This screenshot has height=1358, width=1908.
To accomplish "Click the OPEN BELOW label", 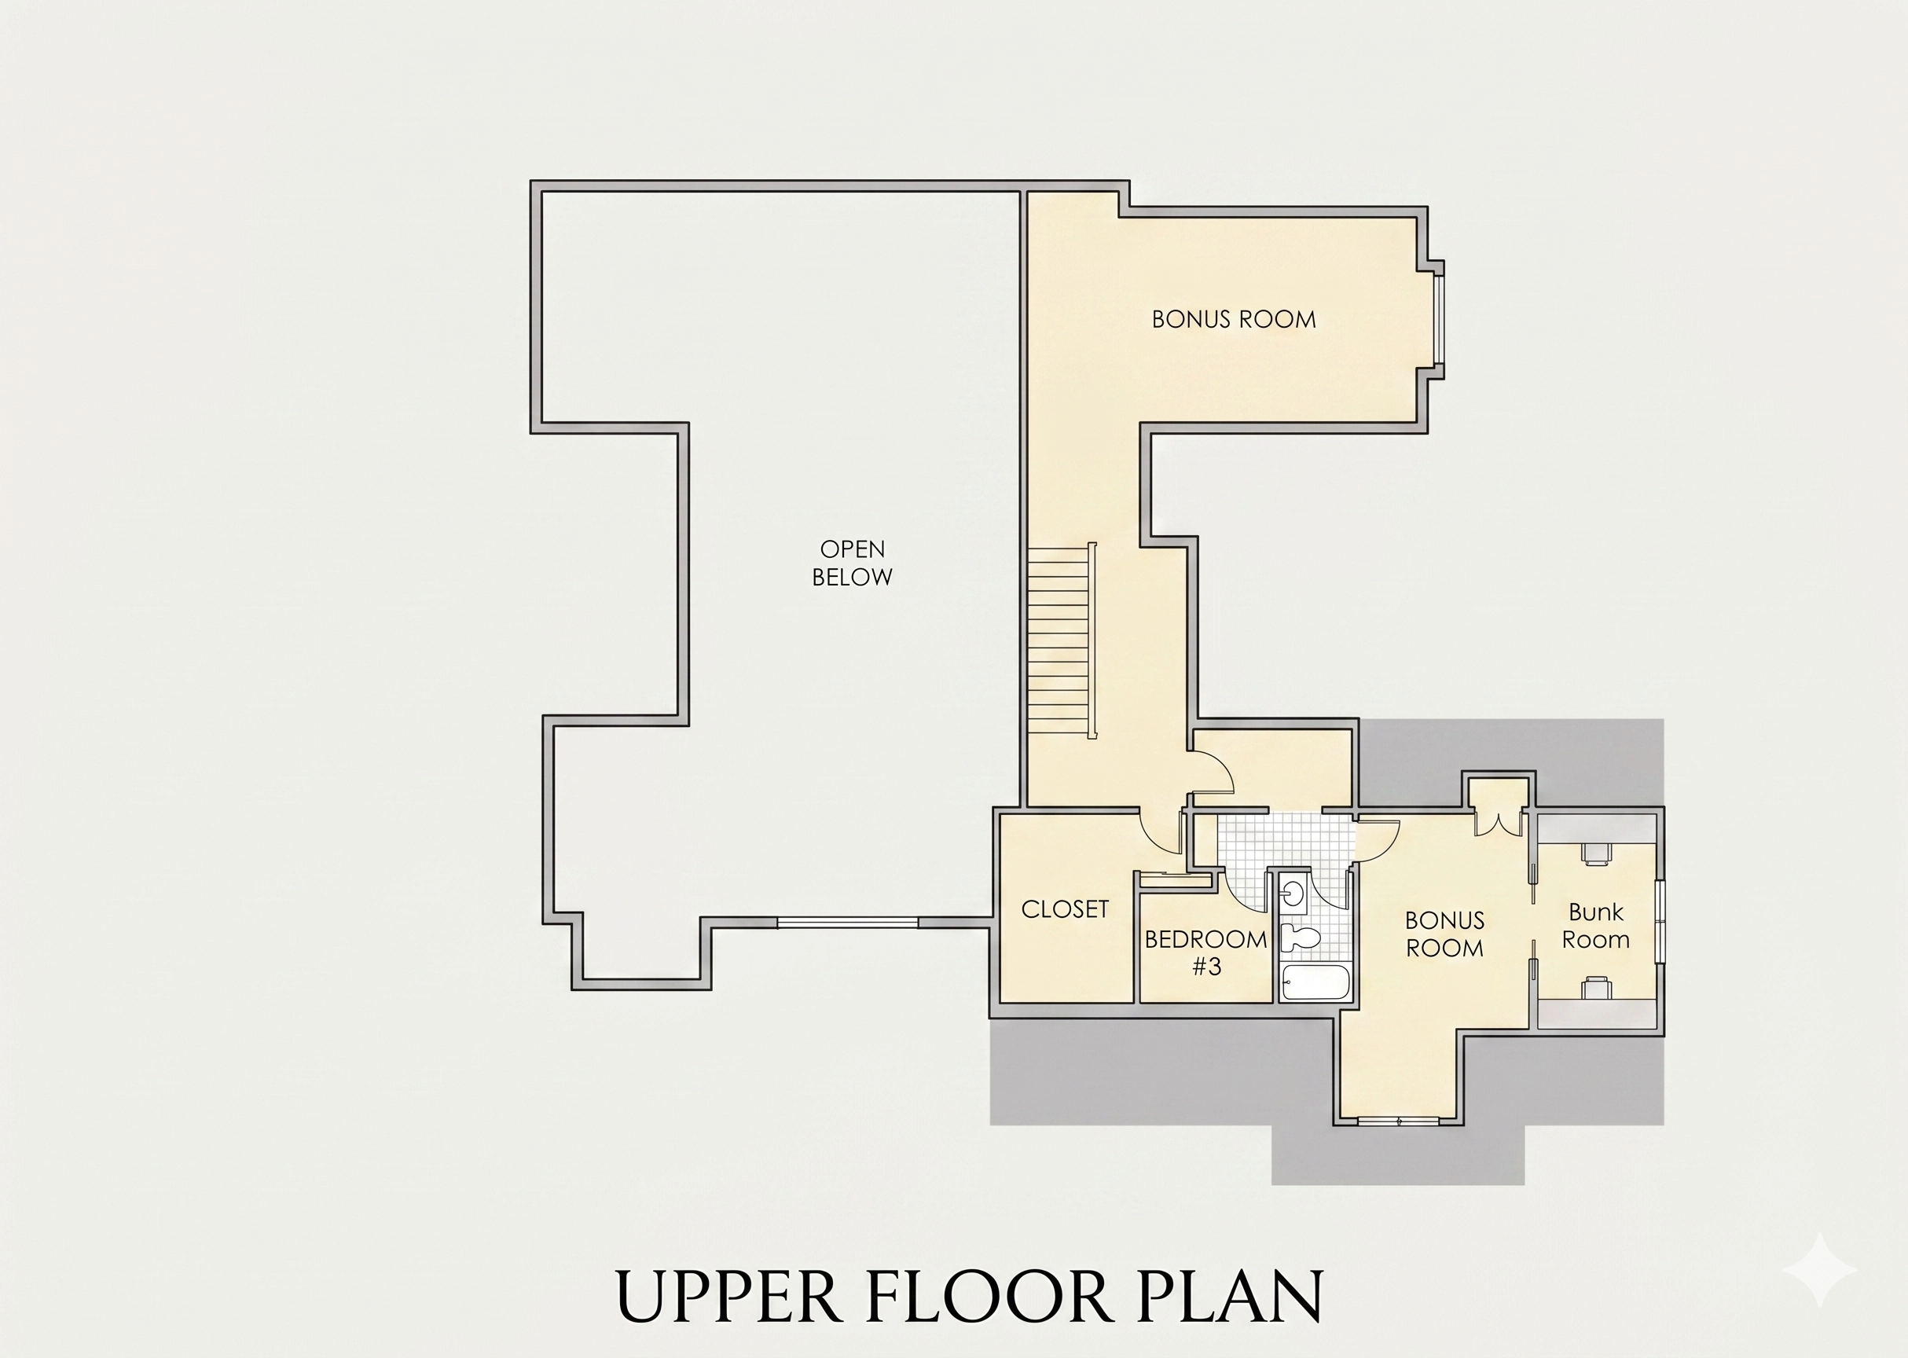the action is [x=852, y=563].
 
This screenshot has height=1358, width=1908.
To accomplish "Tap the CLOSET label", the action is [x=1066, y=909].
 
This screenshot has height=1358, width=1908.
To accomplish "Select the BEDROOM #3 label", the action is [x=1205, y=953].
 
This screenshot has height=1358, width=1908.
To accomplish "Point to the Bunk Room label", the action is [x=1596, y=926].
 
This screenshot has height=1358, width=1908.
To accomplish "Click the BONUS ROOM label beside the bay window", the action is [x=1234, y=319].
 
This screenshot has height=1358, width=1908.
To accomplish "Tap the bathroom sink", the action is [x=1293, y=892].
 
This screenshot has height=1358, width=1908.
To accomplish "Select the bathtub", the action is [x=1315, y=983].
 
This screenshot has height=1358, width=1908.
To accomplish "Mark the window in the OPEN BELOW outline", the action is [x=848, y=923].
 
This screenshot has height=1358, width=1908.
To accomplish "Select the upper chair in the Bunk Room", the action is [x=1595, y=853].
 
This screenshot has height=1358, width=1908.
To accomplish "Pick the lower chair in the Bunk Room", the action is [x=1595, y=988].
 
